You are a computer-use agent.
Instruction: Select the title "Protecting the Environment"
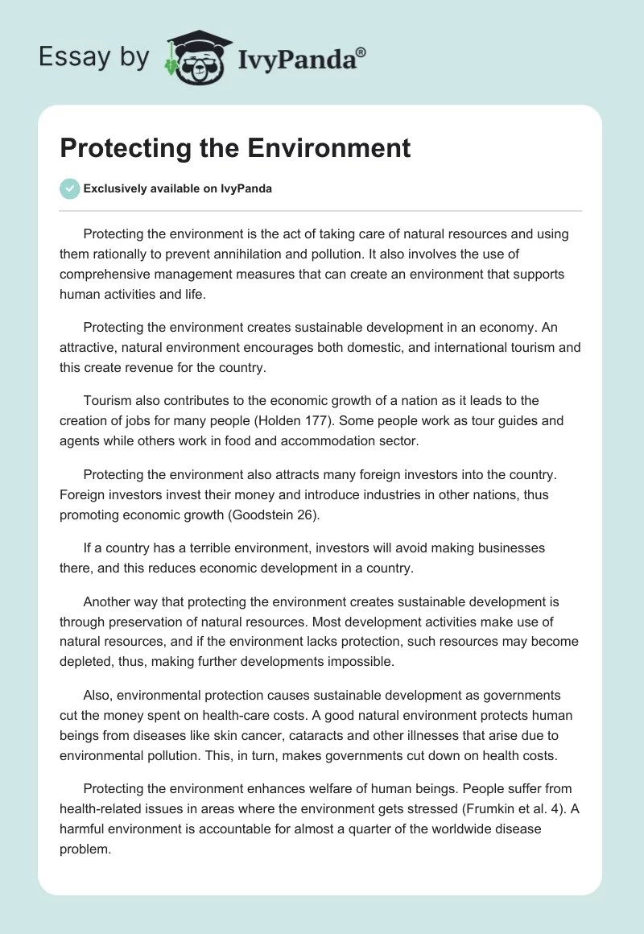(235, 147)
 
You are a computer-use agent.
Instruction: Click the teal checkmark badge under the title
(69, 188)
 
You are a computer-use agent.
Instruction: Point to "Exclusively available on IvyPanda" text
(178, 189)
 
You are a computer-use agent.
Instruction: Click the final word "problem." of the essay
(85, 849)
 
